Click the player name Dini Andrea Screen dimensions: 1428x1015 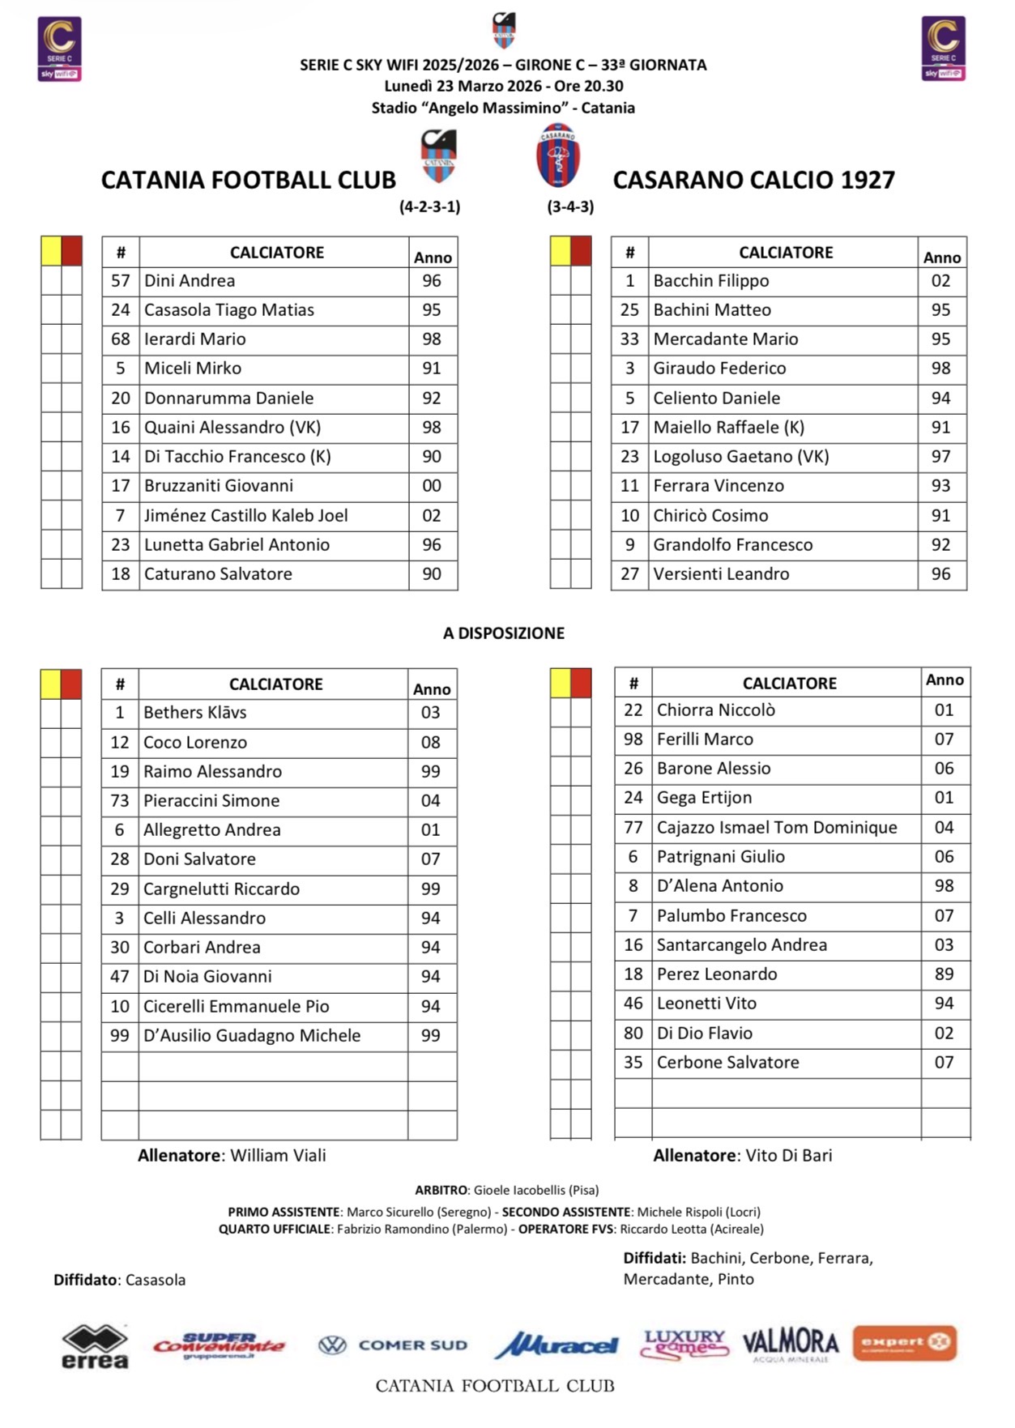pyautogui.click(x=190, y=281)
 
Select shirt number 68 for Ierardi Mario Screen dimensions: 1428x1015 pyautogui.click(x=121, y=339)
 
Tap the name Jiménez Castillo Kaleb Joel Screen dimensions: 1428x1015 pyautogui.click(x=245, y=516)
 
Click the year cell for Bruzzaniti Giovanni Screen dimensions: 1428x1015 pyautogui.click(x=432, y=486)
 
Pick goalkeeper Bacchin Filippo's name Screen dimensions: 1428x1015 pyautogui.click(x=710, y=281)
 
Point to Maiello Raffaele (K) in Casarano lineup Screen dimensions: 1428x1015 pyautogui.click(x=728, y=428)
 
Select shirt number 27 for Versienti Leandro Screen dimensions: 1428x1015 pyautogui.click(x=629, y=574)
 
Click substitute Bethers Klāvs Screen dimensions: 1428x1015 pyautogui.click(x=194, y=713)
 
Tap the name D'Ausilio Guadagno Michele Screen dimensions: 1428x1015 pyautogui.click(x=251, y=1036)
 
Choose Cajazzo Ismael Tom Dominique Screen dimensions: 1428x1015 pyautogui.click(x=776, y=828)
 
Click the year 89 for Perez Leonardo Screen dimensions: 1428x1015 pyautogui.click(x=944, y=974)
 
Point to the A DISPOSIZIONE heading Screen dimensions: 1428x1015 pyautogui.click(x=503, y=633)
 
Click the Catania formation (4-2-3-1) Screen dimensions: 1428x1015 pyautogui.click(x=429, y=207)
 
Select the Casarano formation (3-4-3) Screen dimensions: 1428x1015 pyautogui.click(x=570, y=207)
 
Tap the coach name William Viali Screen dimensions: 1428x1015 pyautogui.click(x=278, y=1156)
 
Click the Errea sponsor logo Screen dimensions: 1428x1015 pyautogui.click(x=95, y=1346)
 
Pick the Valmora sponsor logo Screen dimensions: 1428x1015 pyautogui.click(x=790, y=1344)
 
